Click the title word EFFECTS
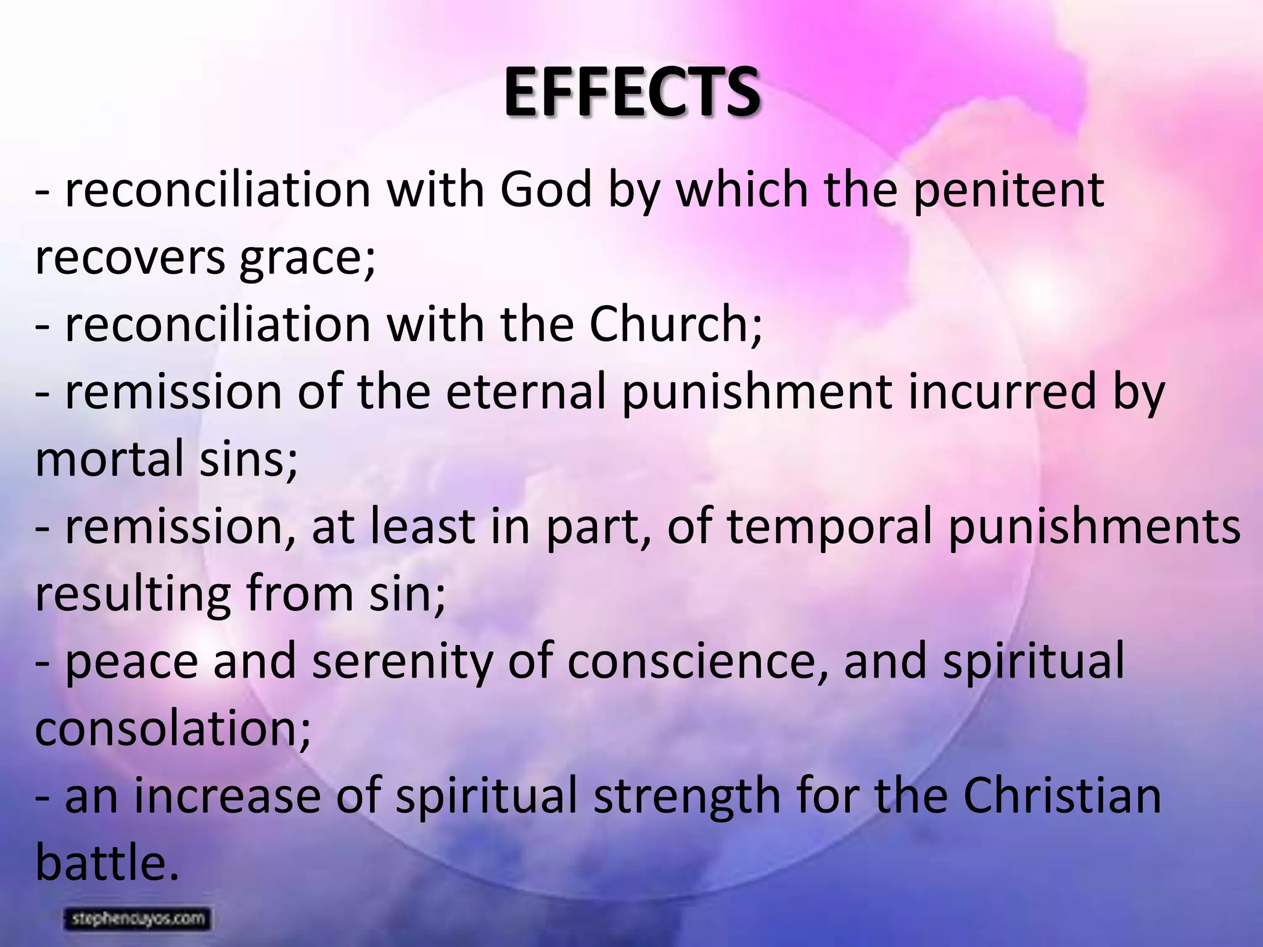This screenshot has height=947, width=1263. [631, 94]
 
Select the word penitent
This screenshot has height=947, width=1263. [1008, 190]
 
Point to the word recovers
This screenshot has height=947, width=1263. [130, 258]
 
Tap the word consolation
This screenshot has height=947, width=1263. [169, 729]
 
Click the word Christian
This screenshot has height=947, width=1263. [1061, 795]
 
